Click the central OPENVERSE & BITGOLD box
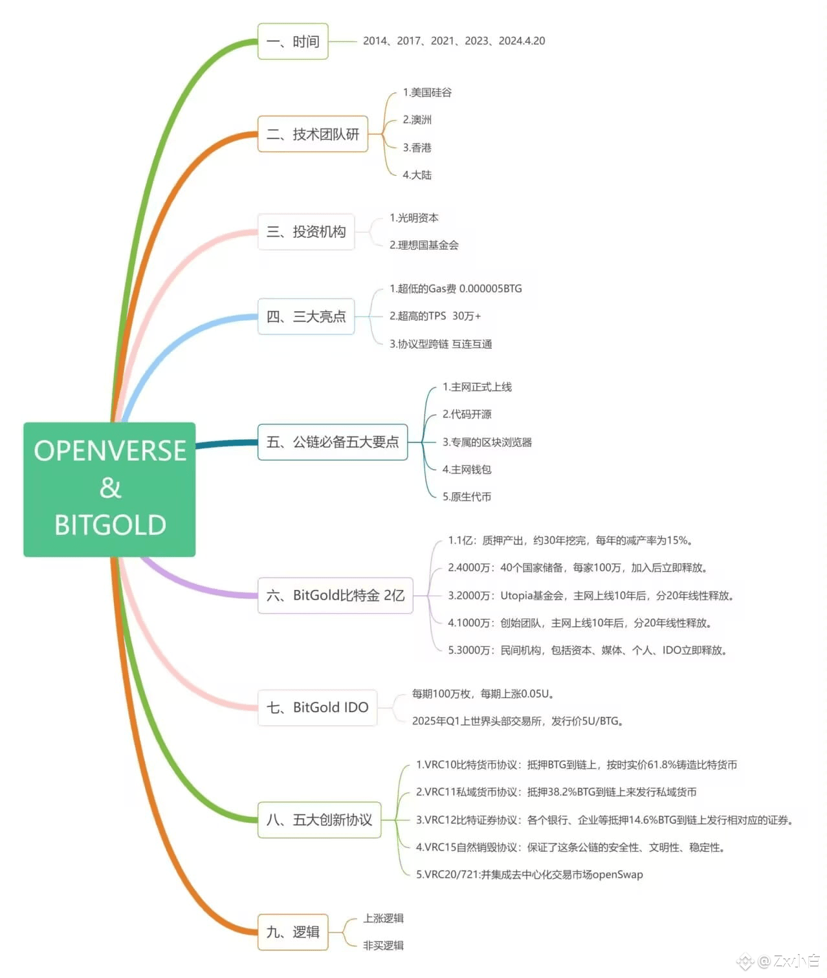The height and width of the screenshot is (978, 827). click(109, 489)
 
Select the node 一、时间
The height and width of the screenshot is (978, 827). click(292, 41)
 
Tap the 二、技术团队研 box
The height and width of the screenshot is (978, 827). click(313, 134)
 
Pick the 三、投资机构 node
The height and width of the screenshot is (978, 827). click(306, 232)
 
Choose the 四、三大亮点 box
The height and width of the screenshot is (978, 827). click(306, 316)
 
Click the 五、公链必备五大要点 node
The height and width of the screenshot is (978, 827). click(333, 442)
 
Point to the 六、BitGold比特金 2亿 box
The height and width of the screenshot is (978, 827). click(335, 595)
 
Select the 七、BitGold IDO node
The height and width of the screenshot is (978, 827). click(317, 708)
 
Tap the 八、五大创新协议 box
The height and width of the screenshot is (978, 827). click(319, 820)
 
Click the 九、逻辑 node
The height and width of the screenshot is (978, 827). click(292, 931)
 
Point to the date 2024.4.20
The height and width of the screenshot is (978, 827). click(522, 41)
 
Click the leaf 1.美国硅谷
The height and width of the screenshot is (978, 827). click(427, 92)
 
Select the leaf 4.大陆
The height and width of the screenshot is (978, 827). click(417, 175)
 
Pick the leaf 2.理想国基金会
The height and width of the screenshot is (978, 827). click(424, 245)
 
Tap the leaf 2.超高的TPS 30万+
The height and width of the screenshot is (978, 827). click(435, 316)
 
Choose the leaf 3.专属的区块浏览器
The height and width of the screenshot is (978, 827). click(487, 442)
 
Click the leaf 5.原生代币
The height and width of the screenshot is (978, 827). click(467, 497)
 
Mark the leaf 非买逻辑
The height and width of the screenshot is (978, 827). click(383, 946)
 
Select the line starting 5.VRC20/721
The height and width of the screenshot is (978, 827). click(529, 875)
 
